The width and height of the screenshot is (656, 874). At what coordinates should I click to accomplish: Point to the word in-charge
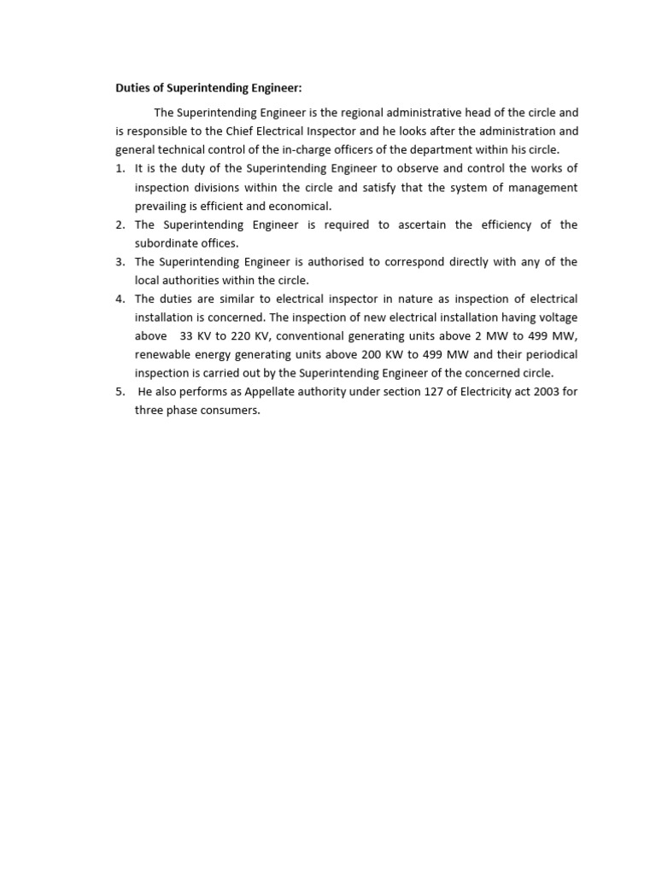coord(294,149)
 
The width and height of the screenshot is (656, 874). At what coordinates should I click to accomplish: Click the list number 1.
coord(120,168)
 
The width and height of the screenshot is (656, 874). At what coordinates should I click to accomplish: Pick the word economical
coord(300,206)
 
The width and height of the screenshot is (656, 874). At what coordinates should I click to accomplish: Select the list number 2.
coord(120,224)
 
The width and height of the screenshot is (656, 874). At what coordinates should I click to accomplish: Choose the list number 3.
coord(120,262)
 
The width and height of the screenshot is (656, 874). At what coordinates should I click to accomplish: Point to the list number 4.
coord(120,299)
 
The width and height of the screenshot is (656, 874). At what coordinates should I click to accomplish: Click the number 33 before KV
coord(188,336)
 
